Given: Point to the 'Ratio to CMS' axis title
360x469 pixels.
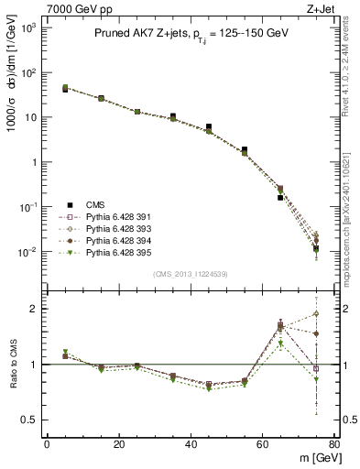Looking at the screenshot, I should (13, 365).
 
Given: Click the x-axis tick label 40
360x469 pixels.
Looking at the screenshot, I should (190, 444).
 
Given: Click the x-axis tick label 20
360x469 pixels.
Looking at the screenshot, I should (118, 444).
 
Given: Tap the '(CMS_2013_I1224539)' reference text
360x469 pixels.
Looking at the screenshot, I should (191, 272).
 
